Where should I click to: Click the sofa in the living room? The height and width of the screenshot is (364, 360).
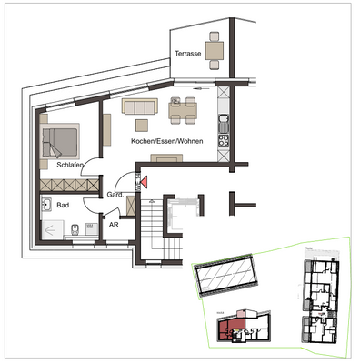[x=140, y=108]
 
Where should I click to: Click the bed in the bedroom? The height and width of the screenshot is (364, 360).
[x=59, y=140]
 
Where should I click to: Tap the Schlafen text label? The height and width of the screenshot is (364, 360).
[x=71, y=165]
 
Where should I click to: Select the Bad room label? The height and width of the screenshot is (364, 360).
[x=63, y=206]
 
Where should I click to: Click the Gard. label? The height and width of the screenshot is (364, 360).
[x=115, y=196]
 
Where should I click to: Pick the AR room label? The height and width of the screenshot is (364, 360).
[x=114, y=224]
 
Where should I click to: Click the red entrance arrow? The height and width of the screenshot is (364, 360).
[x=141, y=181]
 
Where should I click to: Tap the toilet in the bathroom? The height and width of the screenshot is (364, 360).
[x=89, y=226]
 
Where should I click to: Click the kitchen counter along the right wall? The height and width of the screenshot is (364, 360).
[x=222, y=127]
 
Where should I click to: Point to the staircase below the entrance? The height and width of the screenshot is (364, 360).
[x=151, y=227]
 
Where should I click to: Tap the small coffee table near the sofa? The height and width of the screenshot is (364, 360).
[x=141, y=124]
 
